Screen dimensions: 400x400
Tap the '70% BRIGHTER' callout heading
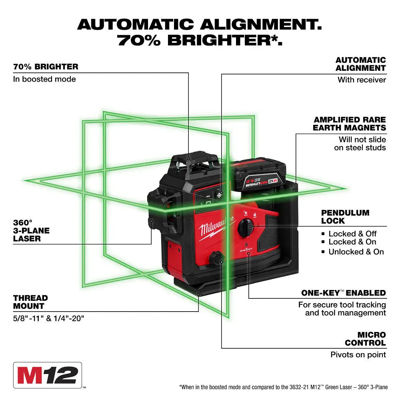[46, 66]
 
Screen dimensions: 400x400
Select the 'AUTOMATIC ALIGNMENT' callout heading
[360, 64]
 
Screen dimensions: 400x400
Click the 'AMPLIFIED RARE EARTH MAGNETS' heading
[350, 124]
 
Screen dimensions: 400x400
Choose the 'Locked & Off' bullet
[352, 234]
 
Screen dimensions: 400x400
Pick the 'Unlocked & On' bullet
[356, 252]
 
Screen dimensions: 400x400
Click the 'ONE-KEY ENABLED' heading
[343, 293]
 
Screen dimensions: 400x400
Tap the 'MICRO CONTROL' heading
[366, 338]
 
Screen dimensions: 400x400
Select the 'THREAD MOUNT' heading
[30, 302]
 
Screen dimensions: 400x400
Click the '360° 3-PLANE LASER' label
[32, 230]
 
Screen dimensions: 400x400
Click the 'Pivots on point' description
[358, 354]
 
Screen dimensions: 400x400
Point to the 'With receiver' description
[362, 80]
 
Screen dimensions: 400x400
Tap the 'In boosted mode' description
[44, 79]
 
